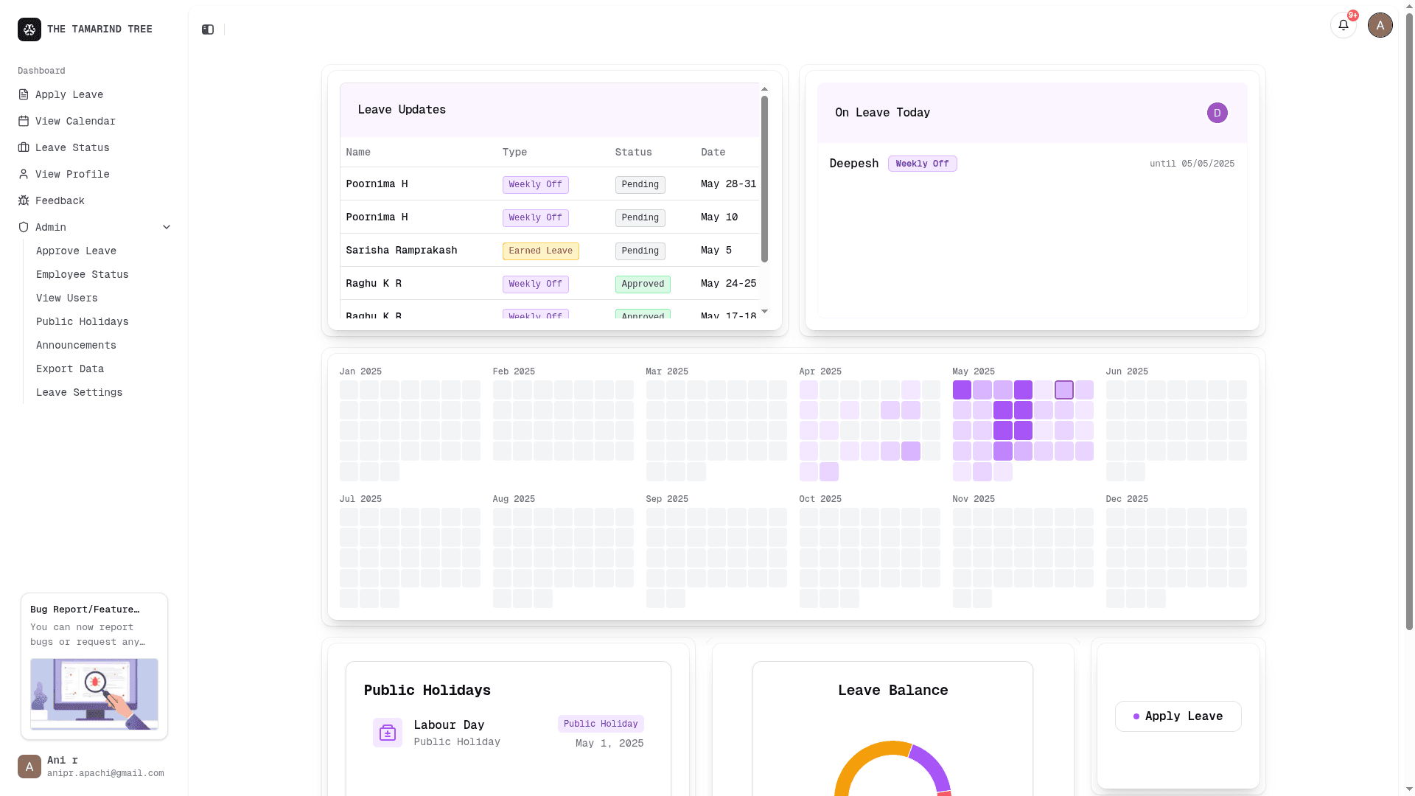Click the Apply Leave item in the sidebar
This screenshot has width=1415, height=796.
[x=69, y=94]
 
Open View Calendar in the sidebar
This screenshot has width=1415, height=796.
[x=74, y=121]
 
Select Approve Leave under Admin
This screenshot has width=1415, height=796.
[x=76, y=251]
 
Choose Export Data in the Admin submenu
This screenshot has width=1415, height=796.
[x=70, y=369]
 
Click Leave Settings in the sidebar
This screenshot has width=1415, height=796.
[x=79, y=392]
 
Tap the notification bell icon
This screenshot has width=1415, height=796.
[x=1343, y=25]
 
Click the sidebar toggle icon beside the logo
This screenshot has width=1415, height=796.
[x=208, y=29]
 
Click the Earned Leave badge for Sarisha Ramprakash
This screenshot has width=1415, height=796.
[x=540, y=251]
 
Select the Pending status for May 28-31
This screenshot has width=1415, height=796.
[x=640, y=184]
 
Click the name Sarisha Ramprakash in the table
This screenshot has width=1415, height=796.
[x=401, y=251]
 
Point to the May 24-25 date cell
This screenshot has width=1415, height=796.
[x=728, y=284]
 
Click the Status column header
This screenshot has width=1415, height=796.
[x=633, y=152]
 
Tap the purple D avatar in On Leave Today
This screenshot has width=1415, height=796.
[x=1217, y=113]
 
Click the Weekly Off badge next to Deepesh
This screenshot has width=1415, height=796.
[x=922, y=164]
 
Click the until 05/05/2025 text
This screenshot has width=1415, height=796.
[x=1192, y=164]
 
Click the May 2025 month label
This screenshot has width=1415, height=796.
[x=973, y=371]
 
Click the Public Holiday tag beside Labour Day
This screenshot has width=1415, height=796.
[x=601, y=724]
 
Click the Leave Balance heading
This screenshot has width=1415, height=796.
[x=892, y=691]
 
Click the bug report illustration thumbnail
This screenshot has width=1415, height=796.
[x=94, y=694]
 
